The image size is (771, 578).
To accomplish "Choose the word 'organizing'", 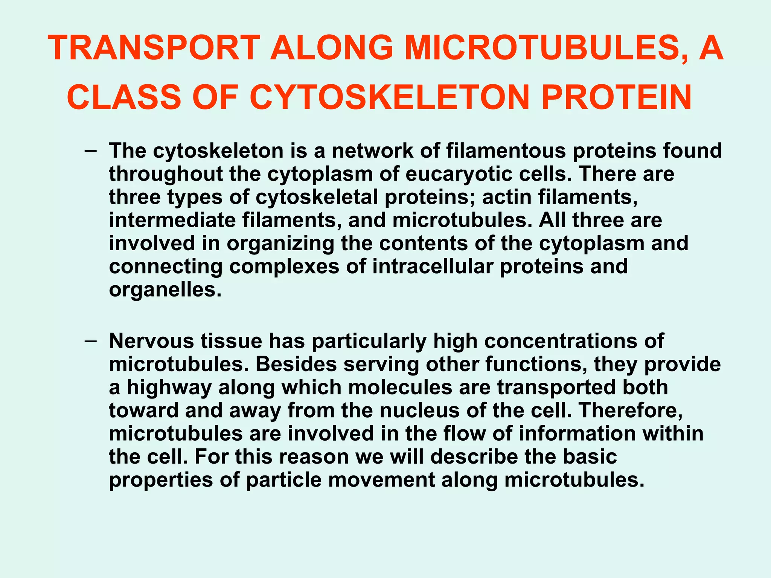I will coord(280,243).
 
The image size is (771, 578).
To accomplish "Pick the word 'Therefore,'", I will coord(631,411).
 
